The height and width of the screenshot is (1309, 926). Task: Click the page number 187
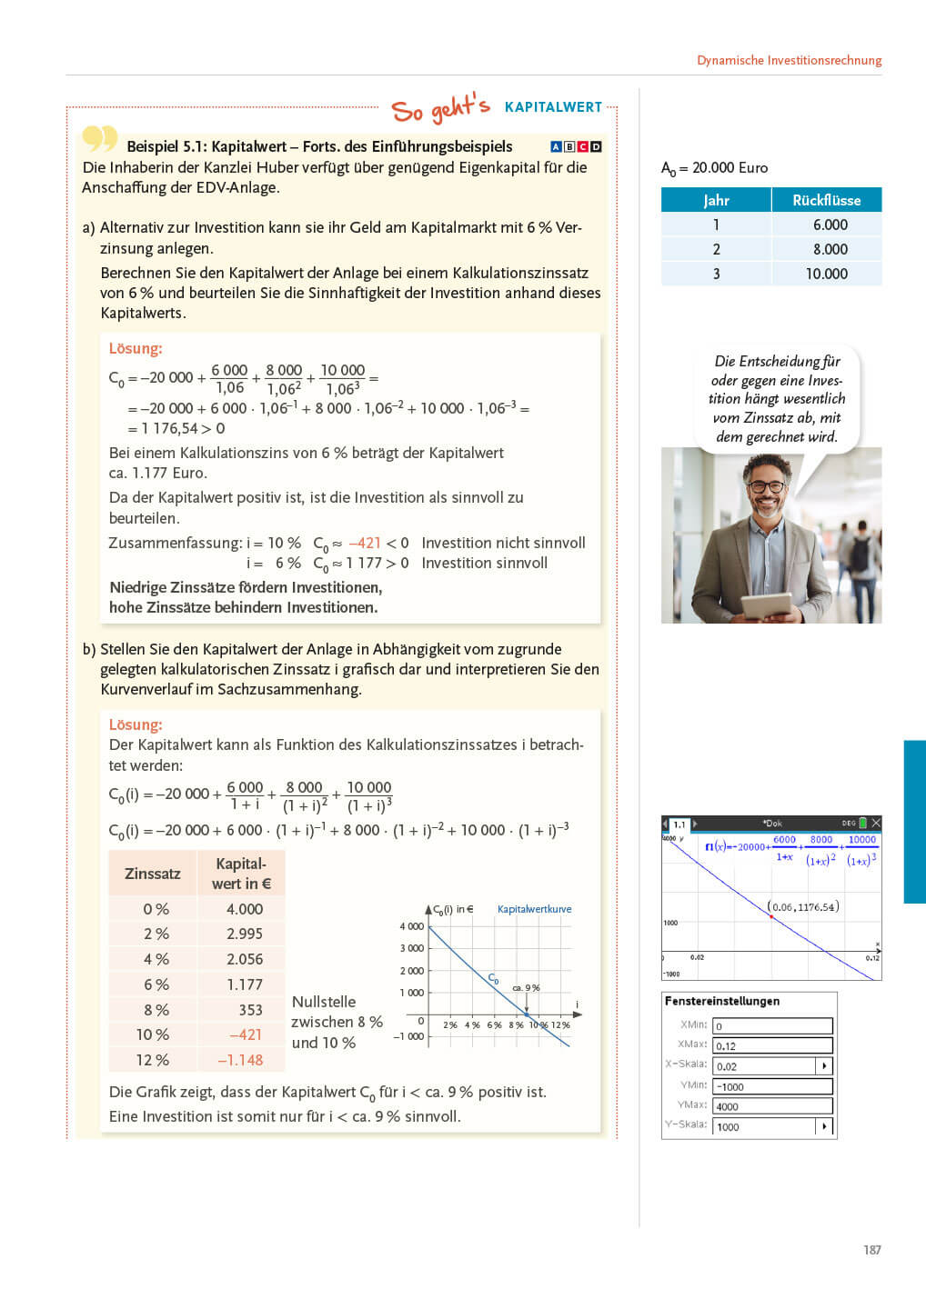click(x=871, y=1250)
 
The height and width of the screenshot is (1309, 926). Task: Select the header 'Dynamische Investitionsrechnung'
click(x=789, y=60)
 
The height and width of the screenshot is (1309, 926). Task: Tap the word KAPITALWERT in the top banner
click(x=553, y=107)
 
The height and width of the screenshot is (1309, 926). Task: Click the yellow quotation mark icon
click(x=99, y=139)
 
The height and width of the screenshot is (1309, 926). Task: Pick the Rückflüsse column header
click(x=826, y=200)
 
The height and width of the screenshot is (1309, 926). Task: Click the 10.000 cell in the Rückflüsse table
click(x=826, y=274)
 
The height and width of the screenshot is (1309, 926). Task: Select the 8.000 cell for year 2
click(x=830, y=249)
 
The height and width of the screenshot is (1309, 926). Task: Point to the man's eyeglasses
click(x=769, y=486)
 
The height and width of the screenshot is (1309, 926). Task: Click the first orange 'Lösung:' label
click(x=136, y=348)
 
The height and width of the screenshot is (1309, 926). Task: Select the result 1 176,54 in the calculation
click(x=170, y=428)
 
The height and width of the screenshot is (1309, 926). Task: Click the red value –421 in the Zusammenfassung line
click(x=365, y=543)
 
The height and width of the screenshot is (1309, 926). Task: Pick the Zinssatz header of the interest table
click(x=152, y=874)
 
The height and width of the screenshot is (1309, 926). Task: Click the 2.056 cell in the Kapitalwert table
click(x=244, y=959)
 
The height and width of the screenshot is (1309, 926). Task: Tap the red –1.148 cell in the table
click(x=240, y=1060)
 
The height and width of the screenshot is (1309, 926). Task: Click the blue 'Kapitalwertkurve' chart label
click(x=534, y=909)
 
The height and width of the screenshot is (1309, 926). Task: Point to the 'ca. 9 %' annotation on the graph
click(x=526, y=987)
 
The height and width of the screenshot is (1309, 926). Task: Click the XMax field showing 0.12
click(x=771, y=1046)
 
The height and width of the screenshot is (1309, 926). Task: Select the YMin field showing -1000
click(x=771, y=1086)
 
